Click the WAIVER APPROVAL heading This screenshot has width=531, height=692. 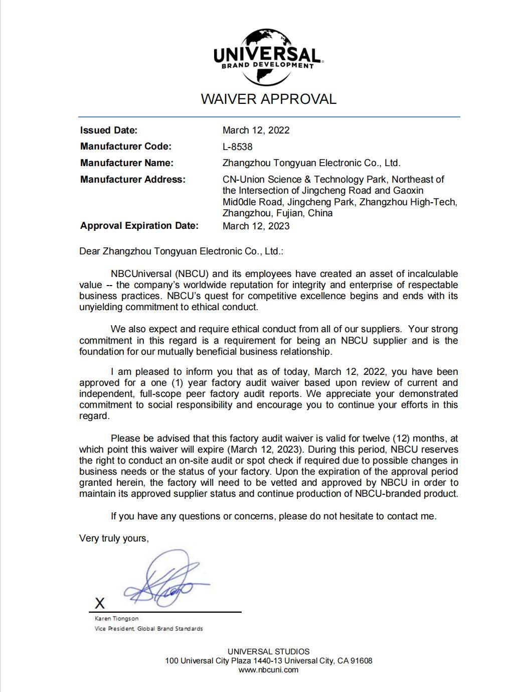268,99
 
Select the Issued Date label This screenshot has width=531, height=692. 108,130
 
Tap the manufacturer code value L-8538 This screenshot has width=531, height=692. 238,147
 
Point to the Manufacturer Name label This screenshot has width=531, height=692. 126,163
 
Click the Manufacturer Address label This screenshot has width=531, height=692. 132,180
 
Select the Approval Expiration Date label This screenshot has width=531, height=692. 139,226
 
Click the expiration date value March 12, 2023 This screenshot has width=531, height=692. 256,226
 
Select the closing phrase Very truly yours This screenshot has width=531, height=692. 114,538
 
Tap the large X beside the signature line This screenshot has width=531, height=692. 100,603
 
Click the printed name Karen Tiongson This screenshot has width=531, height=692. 116,619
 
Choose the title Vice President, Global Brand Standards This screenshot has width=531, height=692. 148,629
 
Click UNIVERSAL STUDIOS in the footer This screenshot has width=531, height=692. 268,651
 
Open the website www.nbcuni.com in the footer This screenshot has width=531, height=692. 268,669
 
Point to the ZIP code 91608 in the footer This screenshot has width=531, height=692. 362,660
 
